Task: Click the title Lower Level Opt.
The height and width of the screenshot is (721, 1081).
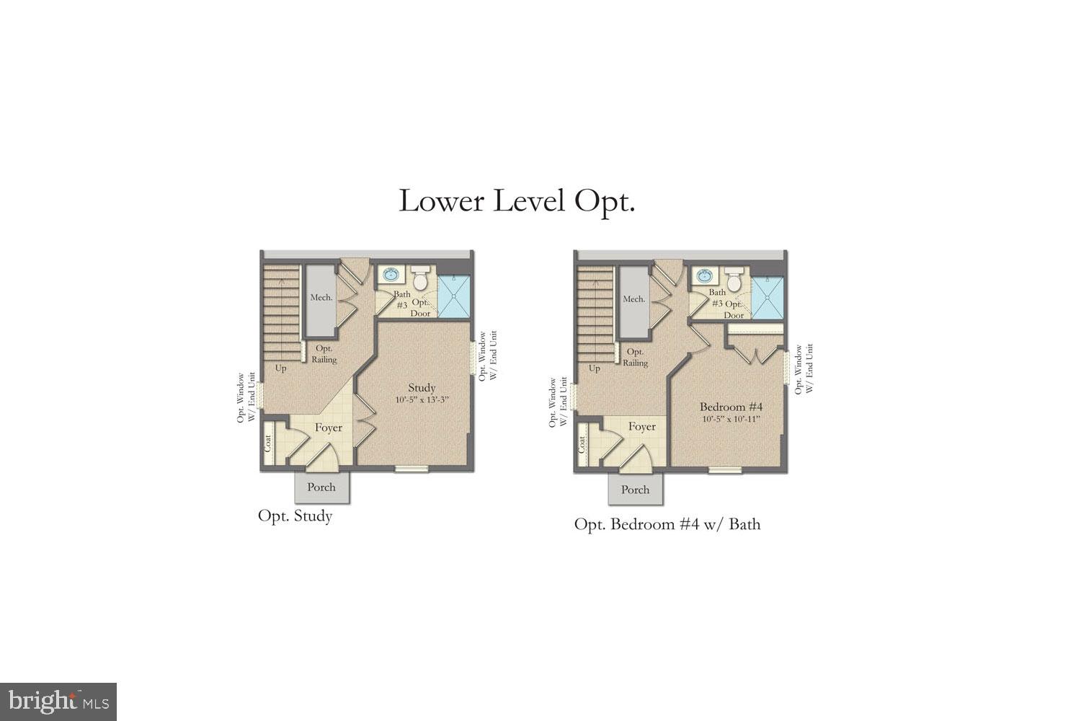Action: point(517,201)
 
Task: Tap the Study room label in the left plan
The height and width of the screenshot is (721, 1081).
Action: point(422,388)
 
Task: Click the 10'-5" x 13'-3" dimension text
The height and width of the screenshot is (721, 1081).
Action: point(422,399)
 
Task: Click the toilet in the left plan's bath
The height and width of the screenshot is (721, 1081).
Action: point(421,278)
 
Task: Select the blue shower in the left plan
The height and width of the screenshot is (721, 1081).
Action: point(453,296)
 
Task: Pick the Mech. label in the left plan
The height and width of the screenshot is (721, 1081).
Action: point(321,297)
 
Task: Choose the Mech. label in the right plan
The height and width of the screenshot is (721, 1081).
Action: point(633,298)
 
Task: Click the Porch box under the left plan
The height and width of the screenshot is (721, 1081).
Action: point(321,487)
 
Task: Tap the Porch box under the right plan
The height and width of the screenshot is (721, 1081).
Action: point(635,490)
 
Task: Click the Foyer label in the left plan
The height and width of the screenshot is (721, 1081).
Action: point(328,428)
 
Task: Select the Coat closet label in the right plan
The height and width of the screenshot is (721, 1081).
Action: point(582,446)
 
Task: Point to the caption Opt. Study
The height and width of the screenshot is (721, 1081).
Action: point(295,516)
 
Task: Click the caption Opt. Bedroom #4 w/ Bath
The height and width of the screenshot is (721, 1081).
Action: point(667,524)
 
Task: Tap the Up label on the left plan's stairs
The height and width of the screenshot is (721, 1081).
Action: point(280,368)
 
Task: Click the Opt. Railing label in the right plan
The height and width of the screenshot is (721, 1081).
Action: point(636,358)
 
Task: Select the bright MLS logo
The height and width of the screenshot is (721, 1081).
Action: point(58,701)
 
